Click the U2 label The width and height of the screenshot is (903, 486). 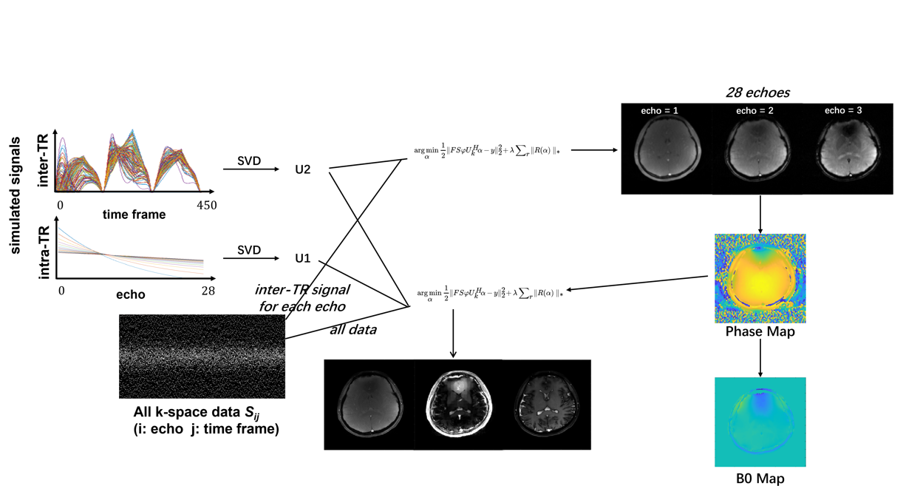coord(302,169)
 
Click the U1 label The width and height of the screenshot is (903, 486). coord(302,259)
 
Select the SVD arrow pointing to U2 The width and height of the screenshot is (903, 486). coord(250,170)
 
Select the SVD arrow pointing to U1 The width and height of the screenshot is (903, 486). coord(250,259)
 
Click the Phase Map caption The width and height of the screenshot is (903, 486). coord(760,332)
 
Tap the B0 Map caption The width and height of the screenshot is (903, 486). coord(760,478)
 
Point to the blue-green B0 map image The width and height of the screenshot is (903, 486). coord(760,422)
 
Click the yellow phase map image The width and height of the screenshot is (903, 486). coord(760,278)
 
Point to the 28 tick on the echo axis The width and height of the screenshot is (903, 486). coord(208,291)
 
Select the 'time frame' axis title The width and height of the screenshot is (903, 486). coord(134,215)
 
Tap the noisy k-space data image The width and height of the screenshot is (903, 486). coord(202,356)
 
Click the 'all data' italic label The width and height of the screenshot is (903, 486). coord(352,329)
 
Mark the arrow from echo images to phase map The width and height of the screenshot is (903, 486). coord(760,213)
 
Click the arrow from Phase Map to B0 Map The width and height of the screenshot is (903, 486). coord(760,357)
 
